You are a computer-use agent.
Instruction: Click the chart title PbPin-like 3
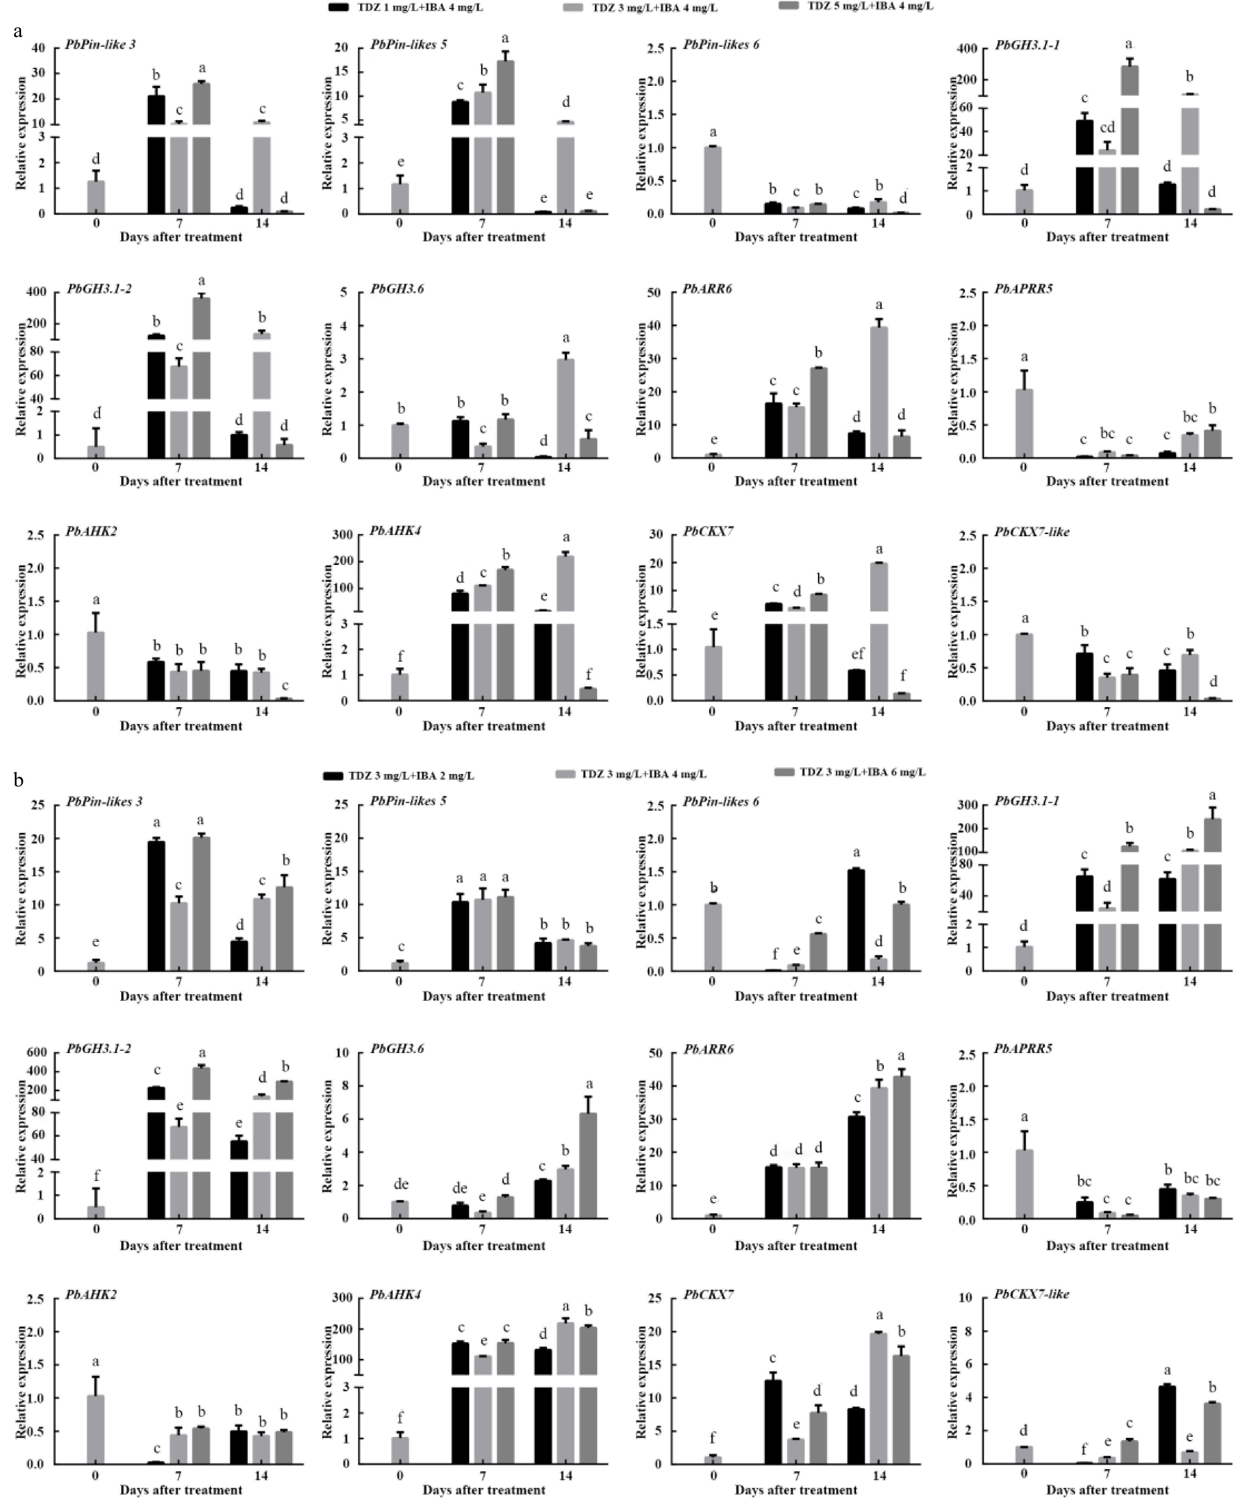pyautogui.click(x=105, y=45)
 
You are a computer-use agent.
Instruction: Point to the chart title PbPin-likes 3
pyautogui.click(x=104, y=801)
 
